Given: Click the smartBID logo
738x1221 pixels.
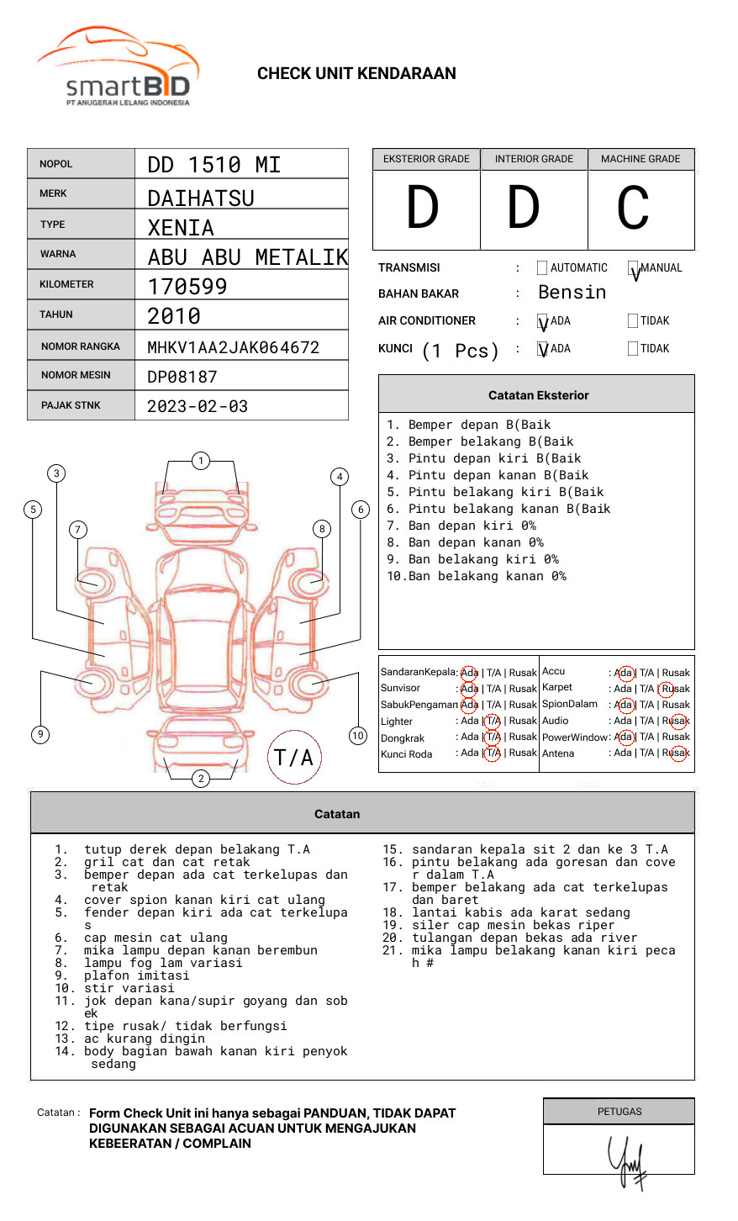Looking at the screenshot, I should pos(118,67).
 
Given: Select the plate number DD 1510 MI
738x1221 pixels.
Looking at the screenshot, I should pos(213,165).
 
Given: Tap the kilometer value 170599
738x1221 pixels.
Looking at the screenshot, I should pos(187,287).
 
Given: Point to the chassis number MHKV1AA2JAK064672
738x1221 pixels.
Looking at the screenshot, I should pos(233,347).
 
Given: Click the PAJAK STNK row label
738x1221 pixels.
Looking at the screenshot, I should pos(71,405).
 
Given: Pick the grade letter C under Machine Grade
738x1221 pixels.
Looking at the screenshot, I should pos(633,209).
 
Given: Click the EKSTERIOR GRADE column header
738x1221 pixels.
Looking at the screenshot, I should pos(426,159).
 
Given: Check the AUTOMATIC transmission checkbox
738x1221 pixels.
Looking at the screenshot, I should pos(542,268).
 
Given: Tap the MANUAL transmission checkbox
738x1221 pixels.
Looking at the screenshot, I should pos(633,268).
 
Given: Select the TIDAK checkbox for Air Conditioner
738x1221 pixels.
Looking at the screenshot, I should pos(633,321).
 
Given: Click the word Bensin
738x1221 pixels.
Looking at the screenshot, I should pos(572,293).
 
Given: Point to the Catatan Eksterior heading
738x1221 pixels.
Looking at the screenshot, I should pos(538,395).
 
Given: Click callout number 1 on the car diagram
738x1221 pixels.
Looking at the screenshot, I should pos(200,461).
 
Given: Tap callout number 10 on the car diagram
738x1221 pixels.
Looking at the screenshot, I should pos(358,736).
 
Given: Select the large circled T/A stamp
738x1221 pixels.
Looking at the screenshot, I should pos(294,757).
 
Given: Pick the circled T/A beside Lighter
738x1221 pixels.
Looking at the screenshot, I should pos(493,721).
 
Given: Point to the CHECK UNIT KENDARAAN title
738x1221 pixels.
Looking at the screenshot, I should pos(356,74).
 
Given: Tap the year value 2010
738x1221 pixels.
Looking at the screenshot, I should pos(174,316).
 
